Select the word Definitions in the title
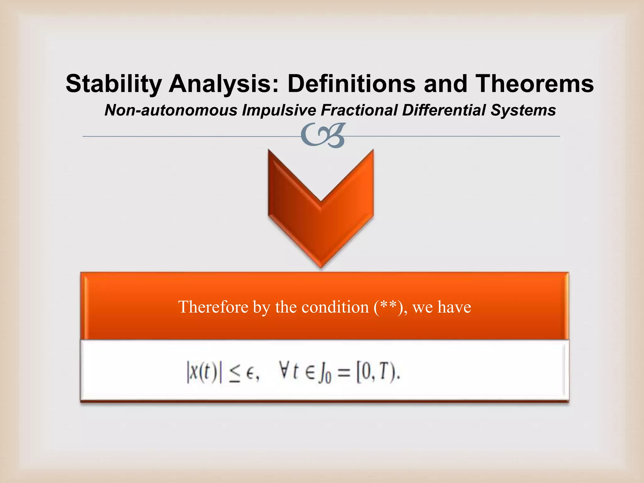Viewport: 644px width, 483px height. [x=351, y=84]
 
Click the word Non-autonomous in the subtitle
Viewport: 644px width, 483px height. [x=171, y=110]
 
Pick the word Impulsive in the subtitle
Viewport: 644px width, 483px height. [x=279, y=110]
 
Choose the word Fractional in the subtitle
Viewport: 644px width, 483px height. [x=359, y=110]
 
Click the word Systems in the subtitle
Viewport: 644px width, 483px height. [x=523, y=110]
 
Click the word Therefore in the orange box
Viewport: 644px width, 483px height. [x=213, y=307]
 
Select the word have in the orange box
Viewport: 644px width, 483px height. [x=454, y=307]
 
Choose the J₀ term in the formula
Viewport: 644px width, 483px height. [x=324, y=375]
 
